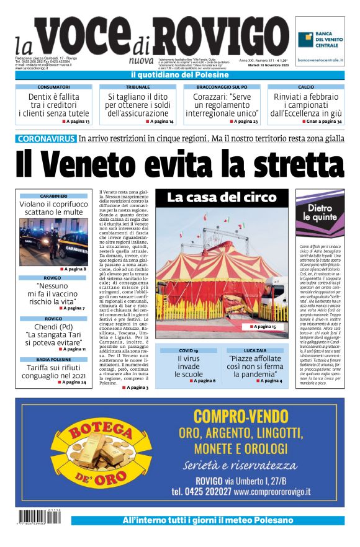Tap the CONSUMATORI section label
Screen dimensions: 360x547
pyautogui.click(x=53, y=87)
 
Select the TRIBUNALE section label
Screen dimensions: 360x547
pyautogui.click(x=138, y=87)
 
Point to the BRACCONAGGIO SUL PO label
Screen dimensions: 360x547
pyautogui.click(x=222, y=87)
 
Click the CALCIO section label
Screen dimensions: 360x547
pyautogui.click(x=306, y=87)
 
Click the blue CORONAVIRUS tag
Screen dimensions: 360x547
pyautogui.click(x=46, y=138)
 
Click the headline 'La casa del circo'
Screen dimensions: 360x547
pyautogui.click(x=222, y=198)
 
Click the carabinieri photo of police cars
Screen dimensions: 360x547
pyautogui.click(x=53, y=241)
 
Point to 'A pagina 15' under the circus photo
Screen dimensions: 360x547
pyautogui.click(x=263, y=326)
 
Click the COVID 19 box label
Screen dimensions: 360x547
pyautogui.click(x=188, y=350)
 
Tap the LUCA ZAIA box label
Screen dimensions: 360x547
pyautogui.click(x=255, y=350)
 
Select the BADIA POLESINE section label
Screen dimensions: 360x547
pyautogui.click(x=53, y=360)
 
